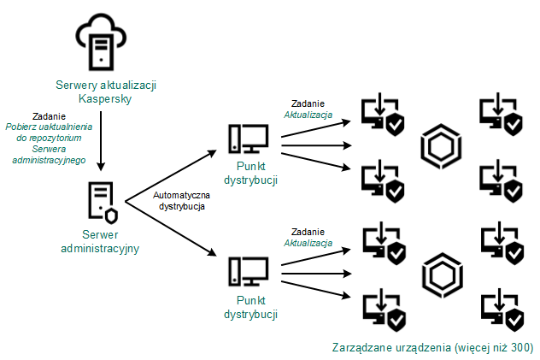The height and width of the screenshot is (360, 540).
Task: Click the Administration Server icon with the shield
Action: (x=103, y=202)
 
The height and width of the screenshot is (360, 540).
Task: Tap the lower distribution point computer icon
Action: (x=248, y=272)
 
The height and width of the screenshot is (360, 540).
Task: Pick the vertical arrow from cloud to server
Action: (x=102, y=141)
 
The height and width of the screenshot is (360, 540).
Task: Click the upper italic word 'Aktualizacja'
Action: (x=308, y=114)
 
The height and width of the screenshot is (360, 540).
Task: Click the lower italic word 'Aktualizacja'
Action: (x=308, y=243)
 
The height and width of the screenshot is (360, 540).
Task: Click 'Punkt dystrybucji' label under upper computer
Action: (x=248, y=174)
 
